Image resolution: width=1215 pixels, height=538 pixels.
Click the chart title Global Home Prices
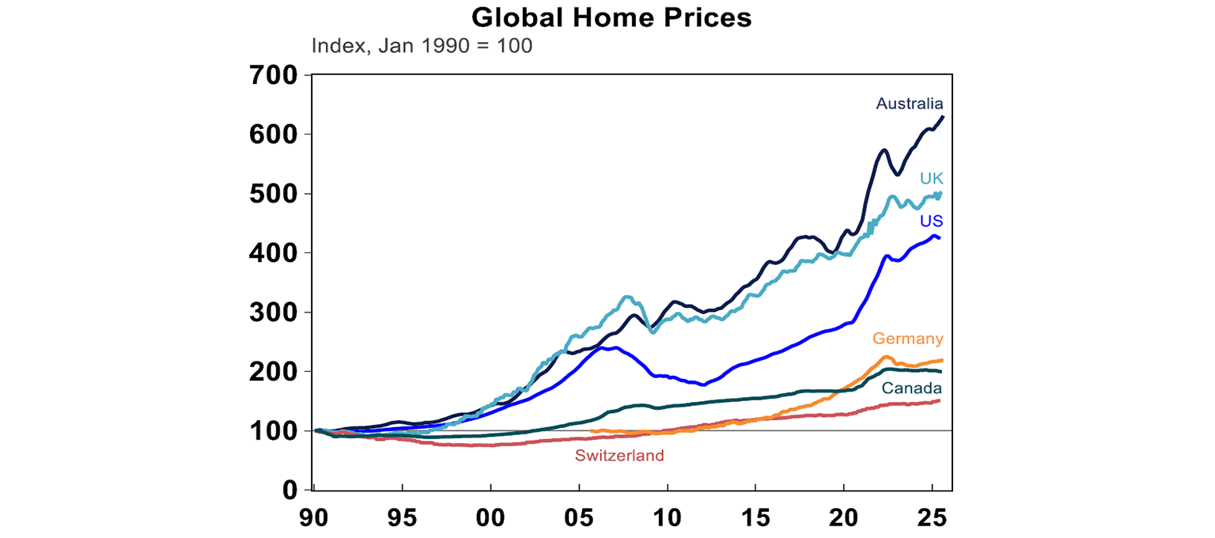tap(611, 17)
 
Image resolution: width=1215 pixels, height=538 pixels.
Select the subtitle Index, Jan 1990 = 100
tap(422, 45)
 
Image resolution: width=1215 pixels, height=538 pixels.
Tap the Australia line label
tap(909, 104)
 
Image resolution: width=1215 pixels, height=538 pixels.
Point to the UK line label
tap(931, 180)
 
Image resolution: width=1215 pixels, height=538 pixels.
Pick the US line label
tap(930, 220)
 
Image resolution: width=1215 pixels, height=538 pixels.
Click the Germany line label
tap(907, 339)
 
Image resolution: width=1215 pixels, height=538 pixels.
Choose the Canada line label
tap(912, 388)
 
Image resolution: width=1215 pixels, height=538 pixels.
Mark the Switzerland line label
tap(619, 456)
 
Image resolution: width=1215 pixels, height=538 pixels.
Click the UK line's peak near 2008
tap(626, 297)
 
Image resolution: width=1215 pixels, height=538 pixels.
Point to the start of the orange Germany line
tap(592, 431)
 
